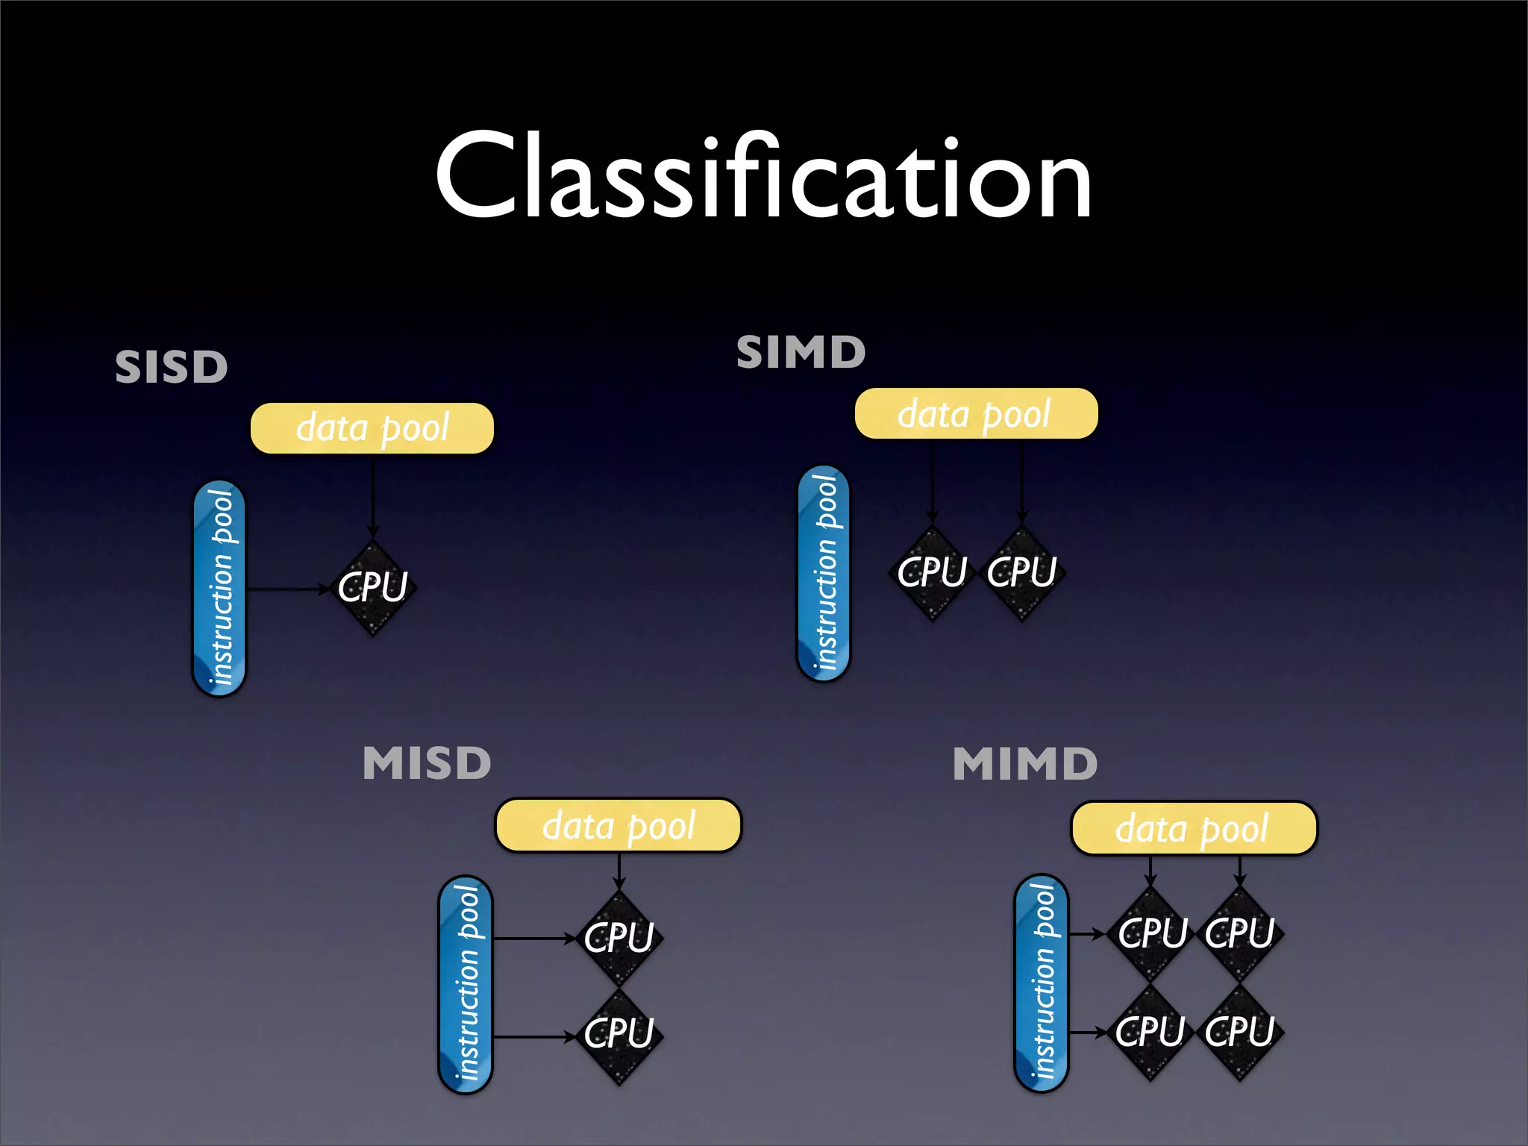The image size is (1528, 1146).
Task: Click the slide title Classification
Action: (763, 177)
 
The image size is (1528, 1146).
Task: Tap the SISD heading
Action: (171, 367)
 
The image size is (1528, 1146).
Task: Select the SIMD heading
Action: (801, 352)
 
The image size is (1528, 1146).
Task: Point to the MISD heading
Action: (427, 763)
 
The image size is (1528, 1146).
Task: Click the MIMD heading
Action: (1025, 765)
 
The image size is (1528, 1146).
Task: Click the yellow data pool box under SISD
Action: (372, 428)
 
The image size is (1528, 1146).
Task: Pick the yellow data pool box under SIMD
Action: (976, 413)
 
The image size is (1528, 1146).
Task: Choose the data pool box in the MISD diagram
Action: (619, 825)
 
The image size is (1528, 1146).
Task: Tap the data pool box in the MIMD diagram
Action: (1194, 828)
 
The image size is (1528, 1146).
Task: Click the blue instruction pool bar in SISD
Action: (219, 589)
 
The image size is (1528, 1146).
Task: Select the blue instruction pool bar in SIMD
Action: (824, 573)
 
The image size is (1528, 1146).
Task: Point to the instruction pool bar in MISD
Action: (466, 984)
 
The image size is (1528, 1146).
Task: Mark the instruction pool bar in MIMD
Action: (1042, 983)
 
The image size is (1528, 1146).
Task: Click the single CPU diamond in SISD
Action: (373, 588)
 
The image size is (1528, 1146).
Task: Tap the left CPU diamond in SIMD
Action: (932, 573)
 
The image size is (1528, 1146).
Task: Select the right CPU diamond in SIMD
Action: (1021, 573)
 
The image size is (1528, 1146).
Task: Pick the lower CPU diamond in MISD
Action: (619, 1034)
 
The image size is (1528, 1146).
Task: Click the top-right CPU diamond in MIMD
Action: (1239, 933)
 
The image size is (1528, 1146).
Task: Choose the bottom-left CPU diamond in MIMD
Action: (1150, 1032)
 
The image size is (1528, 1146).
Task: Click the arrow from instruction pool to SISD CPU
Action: (287, 589)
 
